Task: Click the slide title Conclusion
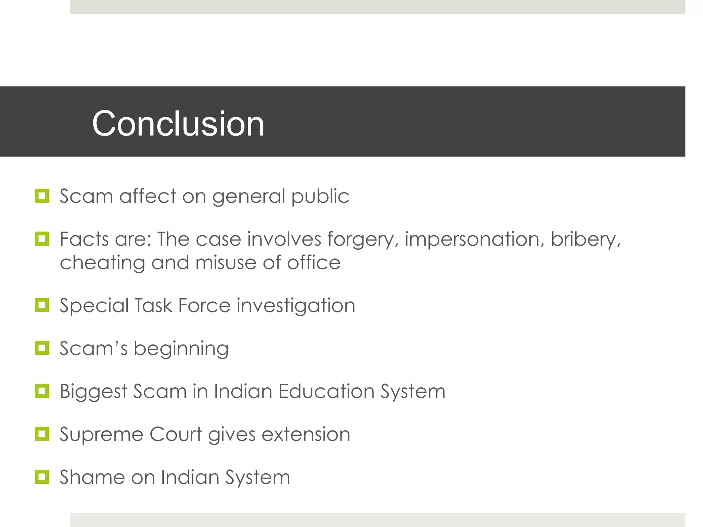click(178, 124)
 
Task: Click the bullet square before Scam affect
click(42, 196)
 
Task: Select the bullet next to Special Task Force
click(42, 305)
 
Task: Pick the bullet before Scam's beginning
click(42, 348)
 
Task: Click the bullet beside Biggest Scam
click(42, 391)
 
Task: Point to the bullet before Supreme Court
click(42, 434)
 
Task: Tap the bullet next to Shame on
click(42, 477)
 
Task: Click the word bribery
click(586, 239)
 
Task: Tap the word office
click(314, 262)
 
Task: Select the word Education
click(326, 391)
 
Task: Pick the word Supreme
click(102, 435)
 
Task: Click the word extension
click(306, 434)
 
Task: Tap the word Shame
click(92, 477)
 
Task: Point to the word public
click(320, 197)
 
